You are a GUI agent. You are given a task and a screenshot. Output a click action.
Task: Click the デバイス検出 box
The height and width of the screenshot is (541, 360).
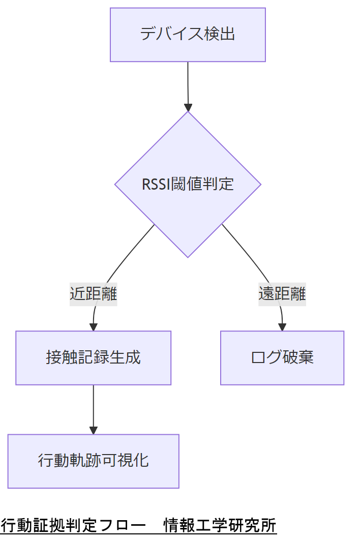pyautogui.click(x=188, y=35)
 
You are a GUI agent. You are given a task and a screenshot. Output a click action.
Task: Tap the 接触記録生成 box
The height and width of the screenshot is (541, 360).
pyautogui.click(x=93, y=357)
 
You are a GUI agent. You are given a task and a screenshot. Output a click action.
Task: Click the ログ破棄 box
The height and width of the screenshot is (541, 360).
pyautogui.click(x=282, y=357)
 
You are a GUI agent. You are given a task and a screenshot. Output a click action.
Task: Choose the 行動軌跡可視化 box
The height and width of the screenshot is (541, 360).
pyautogui.click(x=93, y=461)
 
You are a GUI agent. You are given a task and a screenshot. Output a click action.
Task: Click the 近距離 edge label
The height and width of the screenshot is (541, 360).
pyautogui.click(x=94, y=294)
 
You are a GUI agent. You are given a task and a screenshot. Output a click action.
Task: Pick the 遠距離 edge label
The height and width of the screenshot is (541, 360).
pyautogui.click(x=282, y=294)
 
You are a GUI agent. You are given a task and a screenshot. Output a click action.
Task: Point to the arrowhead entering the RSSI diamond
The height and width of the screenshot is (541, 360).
pyautogui.click(x=188, y=107)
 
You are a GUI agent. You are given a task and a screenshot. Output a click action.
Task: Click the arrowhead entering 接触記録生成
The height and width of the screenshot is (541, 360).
pyautogui.click(x=94, y=327)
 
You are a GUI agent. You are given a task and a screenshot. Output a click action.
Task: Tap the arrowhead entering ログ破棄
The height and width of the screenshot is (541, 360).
pyautogui.click(x=282, y=327)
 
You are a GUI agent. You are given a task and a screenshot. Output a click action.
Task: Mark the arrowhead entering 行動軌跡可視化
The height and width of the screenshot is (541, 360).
pyautogui.click(x=94, y=430)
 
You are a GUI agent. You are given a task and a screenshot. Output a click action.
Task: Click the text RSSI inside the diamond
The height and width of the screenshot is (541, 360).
pyautogui.click(x=157, y=184)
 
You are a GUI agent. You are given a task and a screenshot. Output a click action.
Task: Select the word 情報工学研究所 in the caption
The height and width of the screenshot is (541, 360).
pyautogui.click(x=220, y=525)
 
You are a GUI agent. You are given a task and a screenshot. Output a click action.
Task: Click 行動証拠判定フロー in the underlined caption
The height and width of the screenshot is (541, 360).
pyautogui.click(x=71, y=525)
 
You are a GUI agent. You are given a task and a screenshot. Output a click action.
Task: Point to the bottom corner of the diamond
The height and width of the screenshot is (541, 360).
pyautogui.click(x=188, y=257)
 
